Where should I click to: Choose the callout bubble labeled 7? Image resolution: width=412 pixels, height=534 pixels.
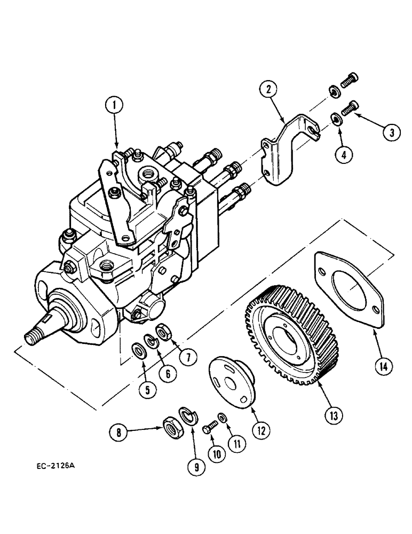click(x=187, y=357)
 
